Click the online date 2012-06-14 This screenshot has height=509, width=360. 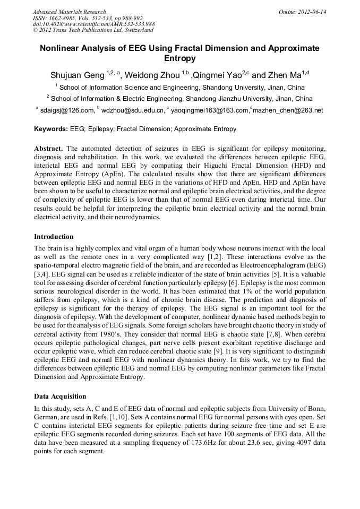[x=311, y=12]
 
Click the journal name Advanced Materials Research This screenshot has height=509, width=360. [x=69, y=12]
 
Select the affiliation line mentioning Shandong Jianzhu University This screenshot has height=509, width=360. [x=179, y=98]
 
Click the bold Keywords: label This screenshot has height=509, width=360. [x=51, y=129]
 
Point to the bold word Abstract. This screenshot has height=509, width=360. [x=49, y=147]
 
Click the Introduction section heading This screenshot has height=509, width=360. [x=54, y=237]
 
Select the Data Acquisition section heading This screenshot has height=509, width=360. [x=60, y=396]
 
